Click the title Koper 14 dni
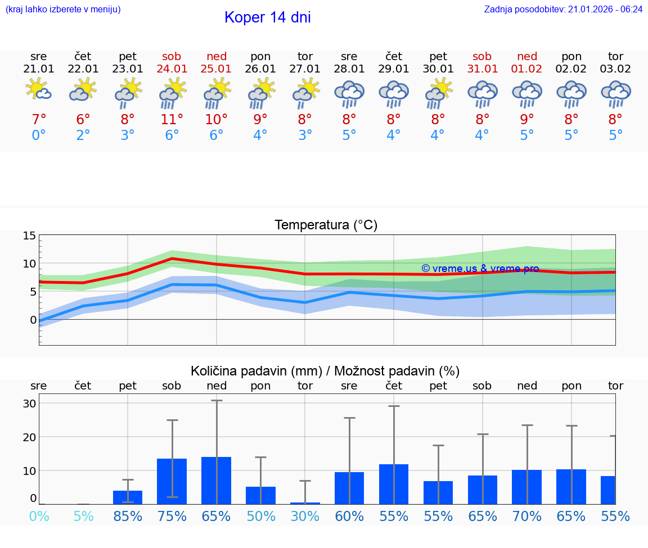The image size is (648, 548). pos(267,17)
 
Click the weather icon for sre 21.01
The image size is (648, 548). pos(39,90)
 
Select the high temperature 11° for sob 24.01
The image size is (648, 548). pos(172,120)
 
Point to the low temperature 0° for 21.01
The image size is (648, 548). pos(39,135)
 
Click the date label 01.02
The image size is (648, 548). pos(527,69)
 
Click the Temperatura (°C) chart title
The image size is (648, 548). pos(326,225)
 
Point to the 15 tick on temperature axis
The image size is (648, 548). pos(30,235)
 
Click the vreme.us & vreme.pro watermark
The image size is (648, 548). pos(480,269)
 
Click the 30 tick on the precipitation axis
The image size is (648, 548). pos(30,404)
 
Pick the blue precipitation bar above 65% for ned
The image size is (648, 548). pos(216,481)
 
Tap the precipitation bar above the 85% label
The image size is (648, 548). pos(128,497)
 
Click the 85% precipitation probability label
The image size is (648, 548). pos(128,517)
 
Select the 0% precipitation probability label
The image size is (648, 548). pos(39,517)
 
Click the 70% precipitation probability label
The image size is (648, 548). pos(527,517)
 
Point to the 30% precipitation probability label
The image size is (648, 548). pos(305,517)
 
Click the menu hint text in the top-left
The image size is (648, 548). pos(63,9)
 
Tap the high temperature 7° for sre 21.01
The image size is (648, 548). pos(39,120)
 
